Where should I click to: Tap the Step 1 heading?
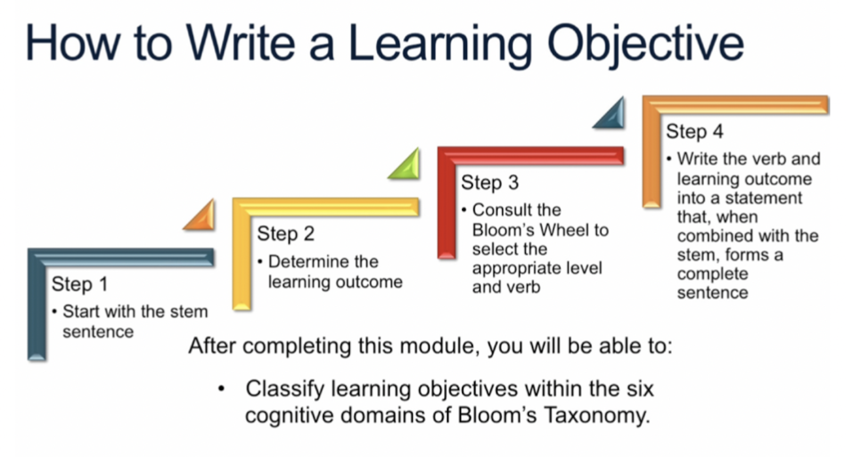tap(79, 284)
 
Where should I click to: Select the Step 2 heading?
tap(285, 233)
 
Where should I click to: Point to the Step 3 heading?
tap(489, 183)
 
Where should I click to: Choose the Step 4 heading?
tap(694, 132)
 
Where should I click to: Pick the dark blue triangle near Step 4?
tap(611, 115)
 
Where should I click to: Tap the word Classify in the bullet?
tap(284, 389)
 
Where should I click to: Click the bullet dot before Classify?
tap(222, 389)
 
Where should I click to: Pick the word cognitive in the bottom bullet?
tap(289, 415)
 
